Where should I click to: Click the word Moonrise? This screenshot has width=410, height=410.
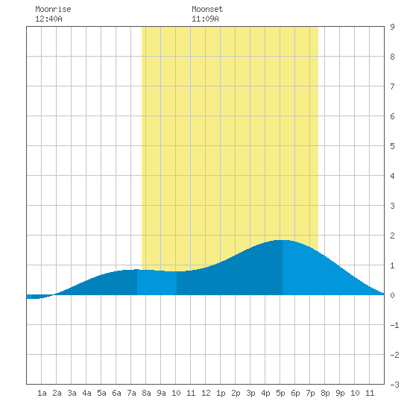pos(53,9)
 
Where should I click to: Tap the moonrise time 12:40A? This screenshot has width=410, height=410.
pos(48,19)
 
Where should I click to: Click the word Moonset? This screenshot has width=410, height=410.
pos(207,9)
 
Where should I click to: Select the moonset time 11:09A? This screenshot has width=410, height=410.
pos(205,19)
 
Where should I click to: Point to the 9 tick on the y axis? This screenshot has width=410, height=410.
pos(392,27)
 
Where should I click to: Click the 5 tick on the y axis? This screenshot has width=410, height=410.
pos(392,146)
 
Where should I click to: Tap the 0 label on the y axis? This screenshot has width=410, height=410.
pos(392,295)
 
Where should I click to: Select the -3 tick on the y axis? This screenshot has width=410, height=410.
pos(394,385)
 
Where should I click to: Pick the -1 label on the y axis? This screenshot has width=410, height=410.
pos(394,325)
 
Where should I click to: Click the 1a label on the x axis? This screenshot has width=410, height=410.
pos(42,393)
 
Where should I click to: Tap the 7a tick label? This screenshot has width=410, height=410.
pos(131,393)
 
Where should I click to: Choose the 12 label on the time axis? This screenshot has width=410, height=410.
pos(206,393)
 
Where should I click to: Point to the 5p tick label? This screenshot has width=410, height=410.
pos(280,393)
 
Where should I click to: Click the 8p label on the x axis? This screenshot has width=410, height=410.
pos(325,393)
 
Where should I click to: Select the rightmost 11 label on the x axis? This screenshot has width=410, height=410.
pos(370,393)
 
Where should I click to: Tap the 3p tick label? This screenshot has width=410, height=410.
pos(250,393)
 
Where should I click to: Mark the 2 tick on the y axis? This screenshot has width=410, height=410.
pos(392,236)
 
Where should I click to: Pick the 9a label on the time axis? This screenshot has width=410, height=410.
pos(161,393)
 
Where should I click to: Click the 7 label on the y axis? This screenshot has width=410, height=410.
pos(392,86)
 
